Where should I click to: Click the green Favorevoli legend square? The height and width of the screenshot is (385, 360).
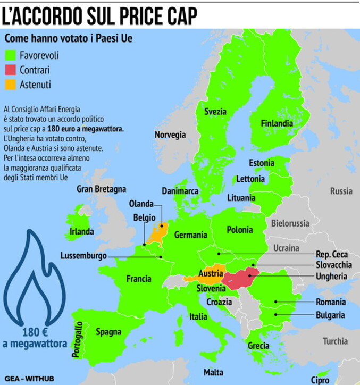point(11,55)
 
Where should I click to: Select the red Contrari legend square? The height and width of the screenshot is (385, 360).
point(11,70)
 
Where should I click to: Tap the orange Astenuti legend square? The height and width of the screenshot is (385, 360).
point(11,84)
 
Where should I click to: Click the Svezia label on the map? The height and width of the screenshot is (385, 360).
point(215,112)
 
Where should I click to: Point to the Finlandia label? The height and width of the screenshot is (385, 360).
point(277,123)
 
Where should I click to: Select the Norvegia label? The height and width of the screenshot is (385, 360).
point(170,135)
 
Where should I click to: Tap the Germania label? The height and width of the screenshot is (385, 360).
point(190,235)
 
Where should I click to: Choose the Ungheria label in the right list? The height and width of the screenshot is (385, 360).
point(331,277)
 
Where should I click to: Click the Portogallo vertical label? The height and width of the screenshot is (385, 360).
point(80,339)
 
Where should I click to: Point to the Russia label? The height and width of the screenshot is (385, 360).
point(341,191)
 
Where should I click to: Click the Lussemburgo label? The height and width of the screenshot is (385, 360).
point(83,255)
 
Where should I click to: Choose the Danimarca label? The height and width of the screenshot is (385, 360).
point(180,190)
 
